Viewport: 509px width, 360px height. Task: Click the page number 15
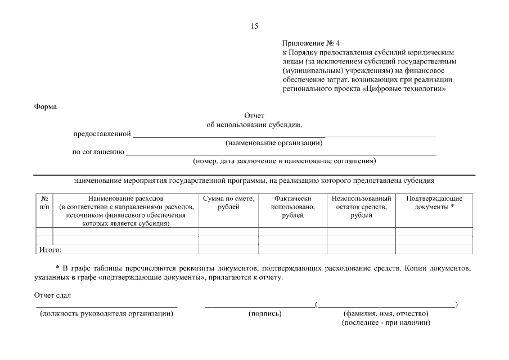pyautogui.click(x=254, y=26)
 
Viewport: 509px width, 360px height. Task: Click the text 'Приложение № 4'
pyautogui.click(x=311, y=43)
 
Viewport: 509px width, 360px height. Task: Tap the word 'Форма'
pyautogui.click(x=46, y=106)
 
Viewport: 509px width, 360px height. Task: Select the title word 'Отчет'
pyautogui.click(x=254, y=116)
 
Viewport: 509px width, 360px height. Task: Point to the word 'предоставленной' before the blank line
pyautogui.click(x=102, y=134)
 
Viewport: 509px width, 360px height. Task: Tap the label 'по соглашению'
pyautogui.click(x=98, y=152)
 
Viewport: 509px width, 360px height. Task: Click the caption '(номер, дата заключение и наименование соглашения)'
pyautogui.click(x=284, y=161)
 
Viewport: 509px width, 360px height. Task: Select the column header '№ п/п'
pyautogui.click(x=44, y=203)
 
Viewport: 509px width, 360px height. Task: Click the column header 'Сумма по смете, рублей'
pyautogui.click(x=228, y=203)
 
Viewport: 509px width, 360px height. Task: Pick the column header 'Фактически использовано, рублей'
pyautogui.click(x=292, y=207)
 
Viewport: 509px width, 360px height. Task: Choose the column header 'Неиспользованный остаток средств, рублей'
pyautogui.click(x=361, y=207)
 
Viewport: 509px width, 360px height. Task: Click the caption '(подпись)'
pyautogui.click(x=265, y=314)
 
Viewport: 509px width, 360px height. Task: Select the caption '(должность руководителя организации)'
pyautogui.click(x=106, y=314)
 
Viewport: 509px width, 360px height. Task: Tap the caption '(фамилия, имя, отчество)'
pyautogui.click(x=386, y=314)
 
